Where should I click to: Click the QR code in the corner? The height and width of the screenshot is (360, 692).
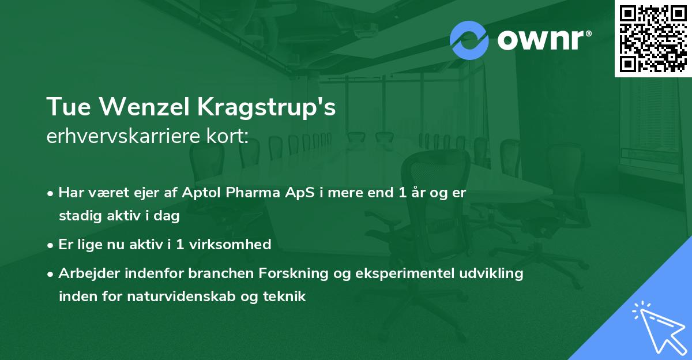point(653,38)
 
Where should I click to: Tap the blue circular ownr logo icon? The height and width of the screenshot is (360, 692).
point(469,40)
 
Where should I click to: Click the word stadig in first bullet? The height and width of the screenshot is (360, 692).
point(77,216)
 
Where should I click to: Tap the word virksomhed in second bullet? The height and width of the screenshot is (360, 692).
point(235,245)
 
